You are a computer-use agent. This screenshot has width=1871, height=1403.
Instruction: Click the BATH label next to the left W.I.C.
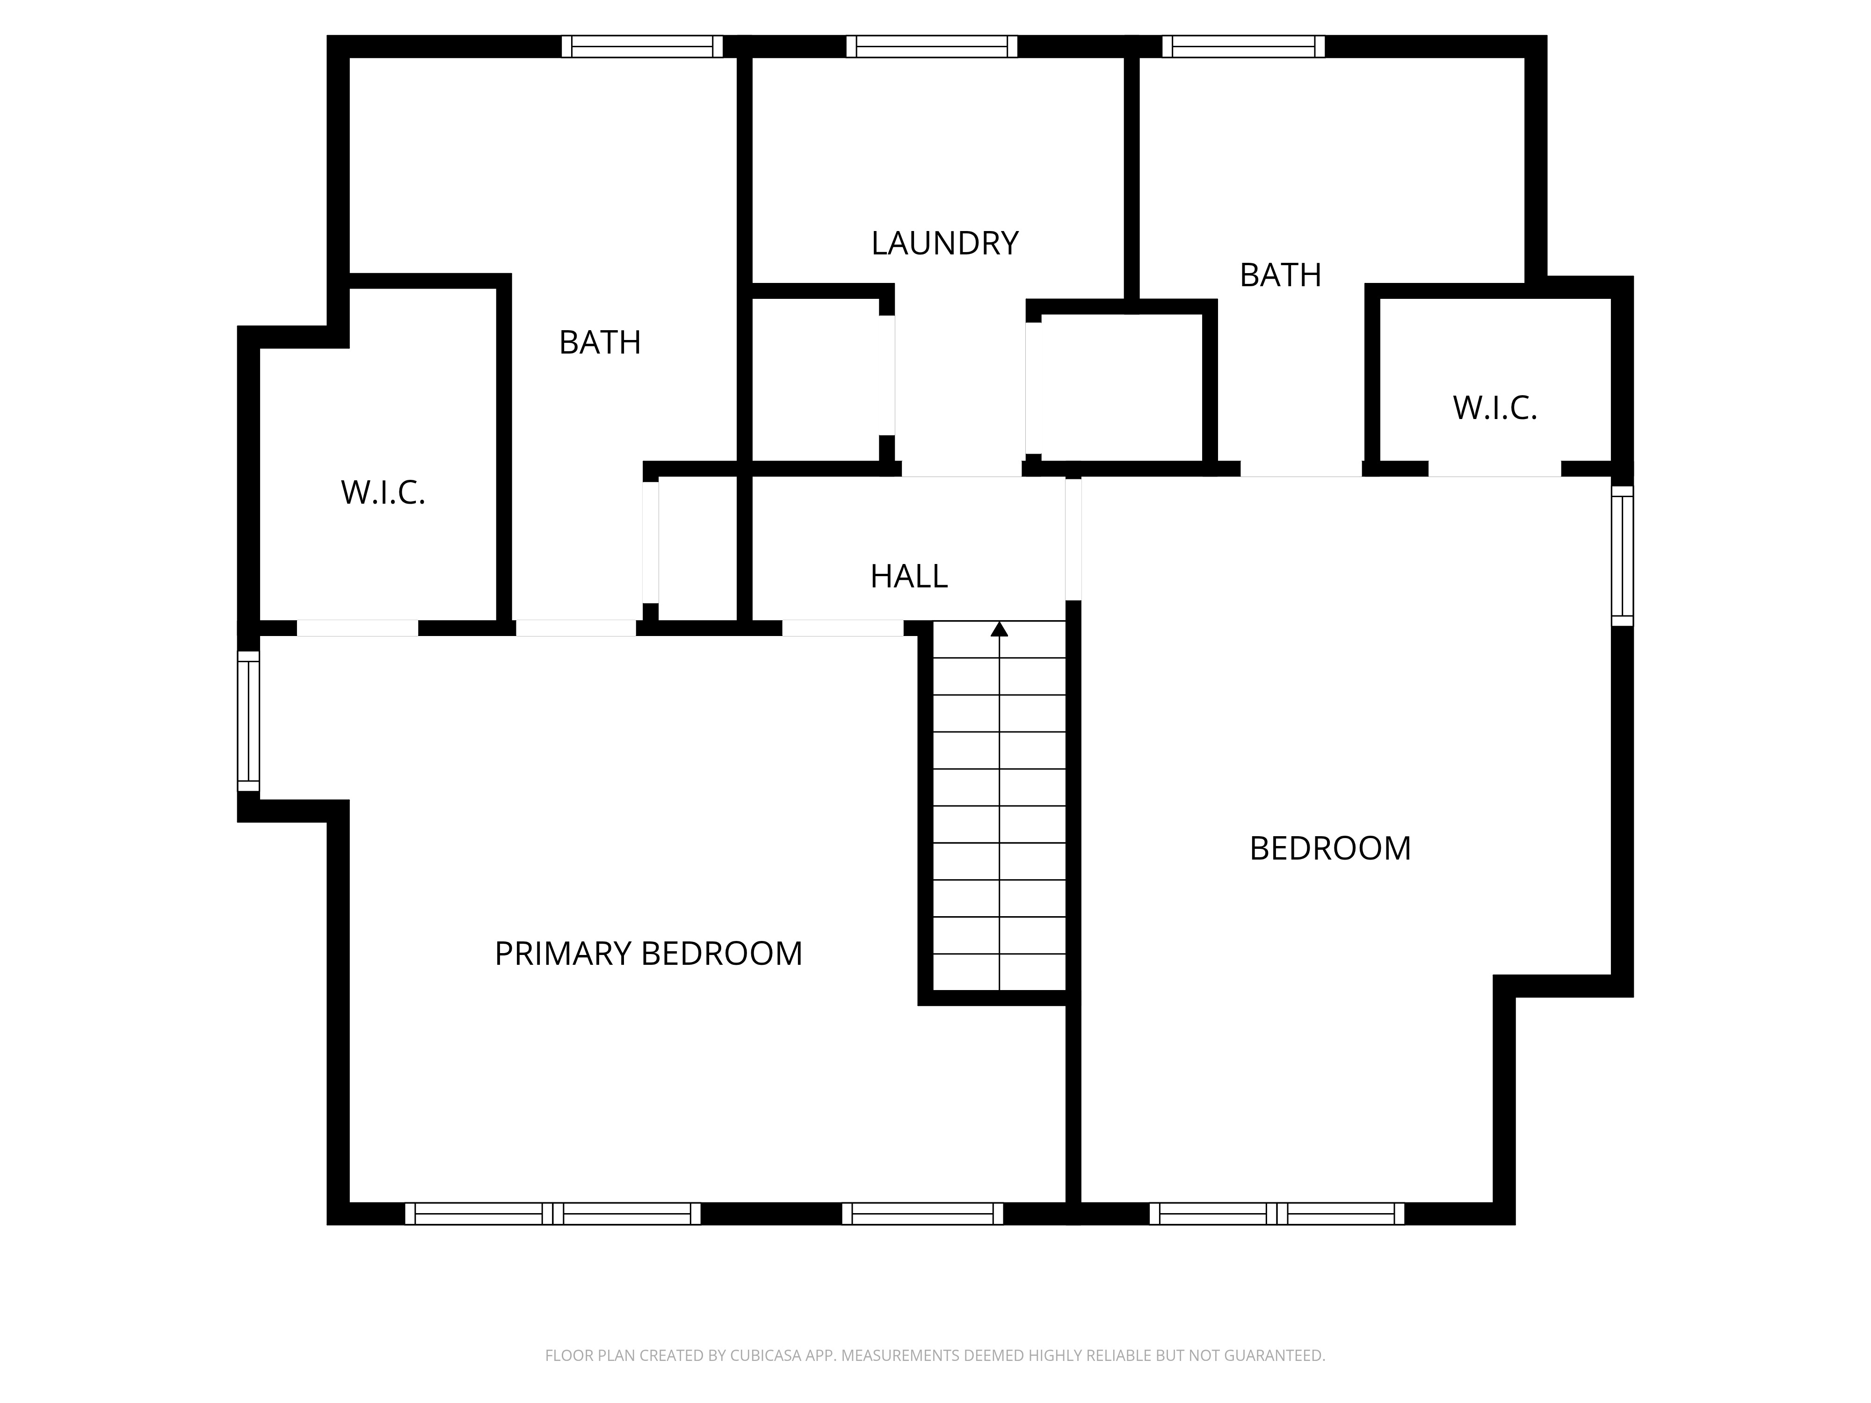[x=600, y=342]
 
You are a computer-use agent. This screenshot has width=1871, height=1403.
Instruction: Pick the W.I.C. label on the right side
[x=1494, y=408]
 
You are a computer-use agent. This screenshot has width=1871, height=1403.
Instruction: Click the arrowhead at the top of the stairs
[x=1000, y=629]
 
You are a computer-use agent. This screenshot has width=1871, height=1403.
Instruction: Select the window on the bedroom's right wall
[x=1622, y=556]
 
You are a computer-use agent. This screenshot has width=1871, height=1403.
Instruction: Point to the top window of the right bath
[x=1243, y=46]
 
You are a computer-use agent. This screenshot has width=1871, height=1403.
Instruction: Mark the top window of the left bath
[x=643, y=46]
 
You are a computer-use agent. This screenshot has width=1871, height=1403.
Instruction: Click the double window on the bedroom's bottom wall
[x=1277, y=1214]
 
